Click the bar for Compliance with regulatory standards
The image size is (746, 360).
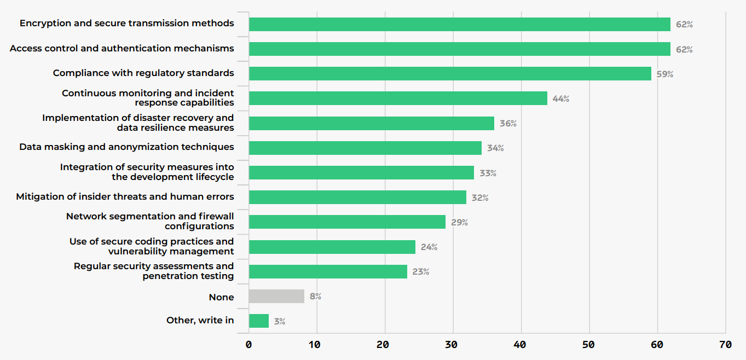pos(450,74)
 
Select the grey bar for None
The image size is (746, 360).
pos(276,297)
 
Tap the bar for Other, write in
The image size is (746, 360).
pos(259,321)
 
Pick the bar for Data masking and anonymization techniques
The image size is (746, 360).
pos(365,148)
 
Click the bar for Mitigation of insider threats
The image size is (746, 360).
pos(357,198)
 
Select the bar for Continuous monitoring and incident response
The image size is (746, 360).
pos(398,98)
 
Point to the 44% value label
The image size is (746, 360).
pos(561,99)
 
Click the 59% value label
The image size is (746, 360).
pos(665,74)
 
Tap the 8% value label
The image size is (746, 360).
pos(315,297)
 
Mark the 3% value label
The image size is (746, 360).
pos(280,322)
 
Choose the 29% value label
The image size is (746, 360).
pos(459,223)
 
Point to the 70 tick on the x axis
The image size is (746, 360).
pos(725,345)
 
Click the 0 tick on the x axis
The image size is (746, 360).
pos(249,345)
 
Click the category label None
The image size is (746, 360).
pos(221,297)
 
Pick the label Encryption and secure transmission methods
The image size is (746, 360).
pos(126,24)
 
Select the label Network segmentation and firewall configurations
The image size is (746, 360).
pos(150,221)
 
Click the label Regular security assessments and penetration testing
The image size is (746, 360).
pos(154,271)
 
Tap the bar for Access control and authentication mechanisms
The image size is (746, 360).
pos(460,49)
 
